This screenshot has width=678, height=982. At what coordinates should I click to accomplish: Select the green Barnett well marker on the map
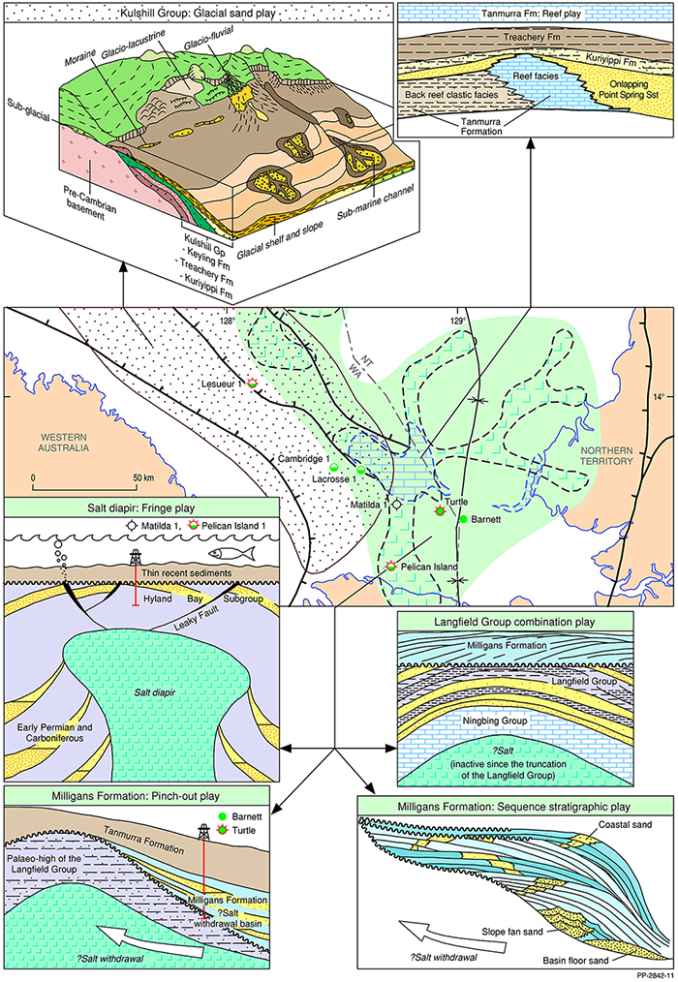click(463, 520)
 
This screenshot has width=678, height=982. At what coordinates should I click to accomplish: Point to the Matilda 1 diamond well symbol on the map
click(396, 505)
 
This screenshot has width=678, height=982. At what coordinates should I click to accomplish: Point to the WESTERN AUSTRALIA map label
click(58, 442)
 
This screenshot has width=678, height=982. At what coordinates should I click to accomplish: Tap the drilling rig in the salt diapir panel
click(136, 561)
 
